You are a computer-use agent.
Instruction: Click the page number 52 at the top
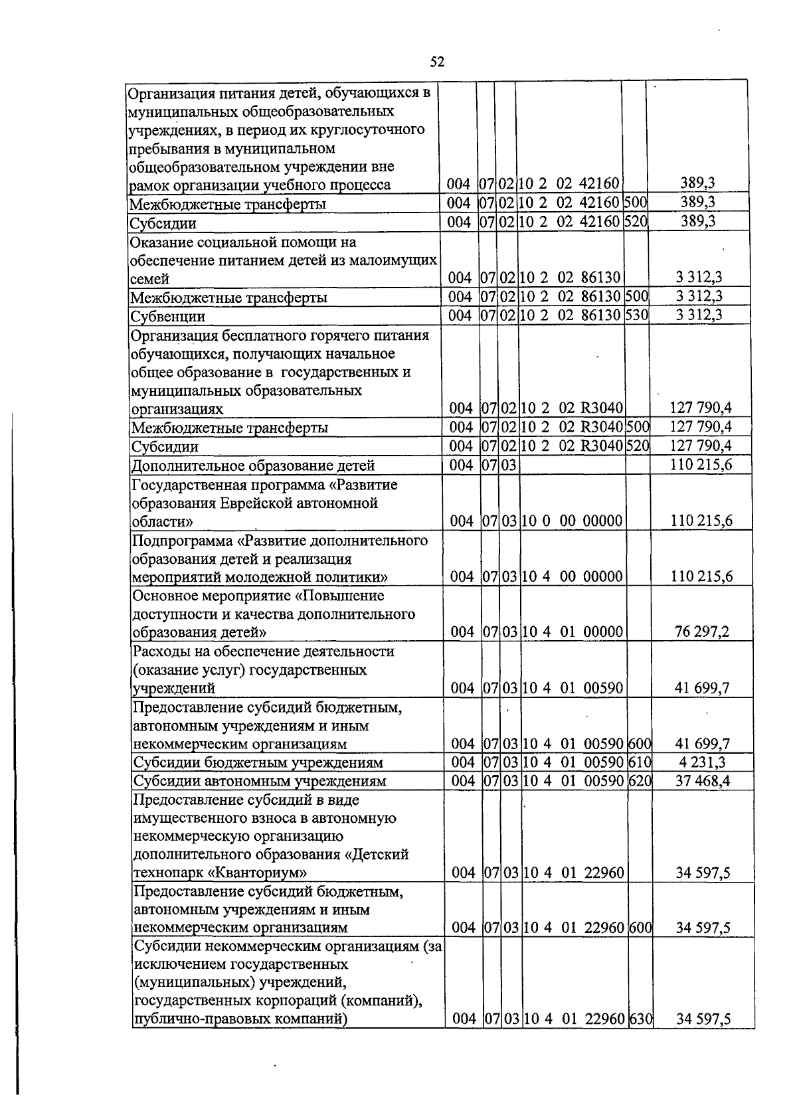[436, 62]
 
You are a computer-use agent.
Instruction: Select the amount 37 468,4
[702, 780]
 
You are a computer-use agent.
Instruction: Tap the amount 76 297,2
[701, 631]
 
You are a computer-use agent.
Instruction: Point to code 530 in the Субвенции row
[636, 315]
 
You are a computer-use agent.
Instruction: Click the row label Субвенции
[168, 316]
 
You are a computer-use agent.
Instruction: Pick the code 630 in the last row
[641, 1037]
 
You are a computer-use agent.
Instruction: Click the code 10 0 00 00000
[572, 521]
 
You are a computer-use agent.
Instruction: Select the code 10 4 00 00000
[572, 576]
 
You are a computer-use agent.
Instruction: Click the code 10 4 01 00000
[573, 632]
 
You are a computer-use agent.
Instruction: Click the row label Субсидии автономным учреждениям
[260, 781]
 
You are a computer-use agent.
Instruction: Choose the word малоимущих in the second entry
[399, 260]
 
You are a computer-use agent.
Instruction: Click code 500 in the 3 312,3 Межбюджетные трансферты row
[636, 296]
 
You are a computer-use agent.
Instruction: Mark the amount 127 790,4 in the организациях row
[700, 408]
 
